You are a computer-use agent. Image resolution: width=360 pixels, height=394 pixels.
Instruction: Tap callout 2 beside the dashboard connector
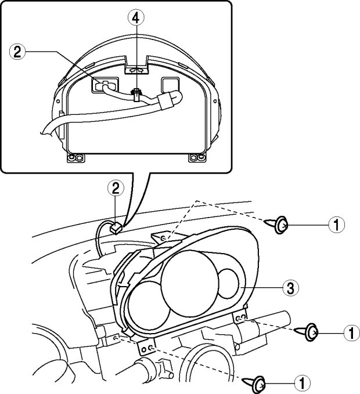point(116,187)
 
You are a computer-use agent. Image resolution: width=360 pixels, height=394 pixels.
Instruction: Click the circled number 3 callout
point(287,286)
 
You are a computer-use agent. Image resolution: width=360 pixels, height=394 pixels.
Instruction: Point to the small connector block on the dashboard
point(116,227)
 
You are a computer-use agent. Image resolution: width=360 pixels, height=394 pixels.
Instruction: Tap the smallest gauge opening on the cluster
point(228,283)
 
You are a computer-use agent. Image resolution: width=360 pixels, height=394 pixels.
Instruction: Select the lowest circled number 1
point(302,382)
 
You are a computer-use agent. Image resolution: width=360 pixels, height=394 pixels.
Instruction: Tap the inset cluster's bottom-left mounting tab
point(74,158)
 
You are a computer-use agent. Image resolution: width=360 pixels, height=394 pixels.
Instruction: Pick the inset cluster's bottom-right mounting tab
point(197,157)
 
